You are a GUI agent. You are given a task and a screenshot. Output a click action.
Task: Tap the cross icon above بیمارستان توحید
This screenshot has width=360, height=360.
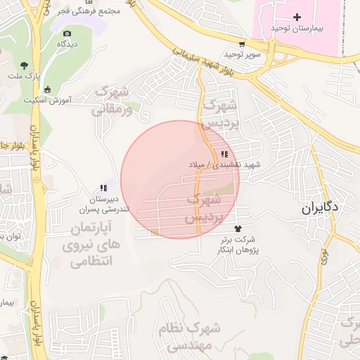pos(297,17)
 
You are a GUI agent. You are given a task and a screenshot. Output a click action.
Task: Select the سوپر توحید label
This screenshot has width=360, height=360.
pos(243,54)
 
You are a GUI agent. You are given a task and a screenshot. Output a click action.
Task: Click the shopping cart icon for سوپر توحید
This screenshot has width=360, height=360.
pos(242,43)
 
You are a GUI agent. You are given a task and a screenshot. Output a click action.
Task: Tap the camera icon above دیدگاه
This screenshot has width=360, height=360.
pos(67,33)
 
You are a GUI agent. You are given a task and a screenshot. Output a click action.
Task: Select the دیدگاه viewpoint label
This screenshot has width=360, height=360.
pos(67,44)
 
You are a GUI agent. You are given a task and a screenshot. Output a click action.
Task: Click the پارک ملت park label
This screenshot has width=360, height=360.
pos(25,75)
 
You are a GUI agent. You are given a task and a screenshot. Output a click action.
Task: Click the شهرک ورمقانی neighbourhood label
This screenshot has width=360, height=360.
pos(112,101)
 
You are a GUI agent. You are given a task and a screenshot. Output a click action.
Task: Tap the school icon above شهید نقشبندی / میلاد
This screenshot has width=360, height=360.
pos(224,154)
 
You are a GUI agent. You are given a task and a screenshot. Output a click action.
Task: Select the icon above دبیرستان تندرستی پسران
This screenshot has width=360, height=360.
pos(103,188)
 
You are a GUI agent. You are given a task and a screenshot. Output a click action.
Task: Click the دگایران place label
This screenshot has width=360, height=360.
pos(321,207)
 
